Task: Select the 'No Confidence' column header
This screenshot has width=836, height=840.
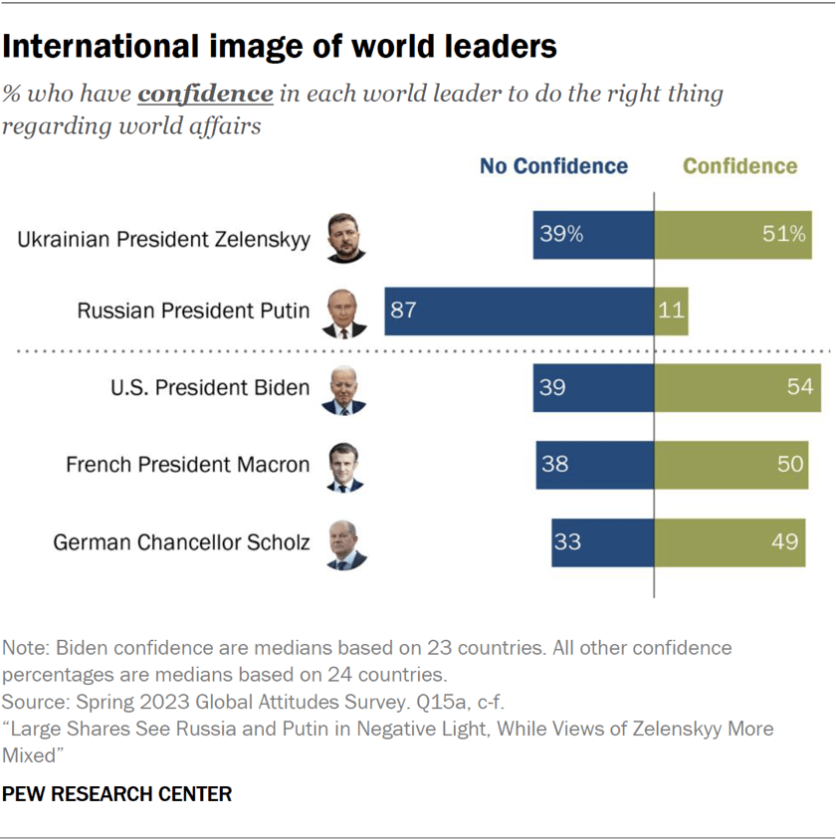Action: (553, 166)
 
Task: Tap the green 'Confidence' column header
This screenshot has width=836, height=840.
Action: (739, 166)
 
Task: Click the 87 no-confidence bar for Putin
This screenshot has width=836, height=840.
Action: (519, 311)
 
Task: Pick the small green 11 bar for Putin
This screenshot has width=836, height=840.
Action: (671, 311)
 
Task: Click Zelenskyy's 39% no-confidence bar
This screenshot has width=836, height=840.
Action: (593, 235)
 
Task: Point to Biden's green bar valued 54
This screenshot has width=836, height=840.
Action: (736, 387)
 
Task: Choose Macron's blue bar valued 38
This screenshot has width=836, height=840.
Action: (594, 464)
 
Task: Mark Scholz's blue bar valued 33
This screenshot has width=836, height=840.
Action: (602, 542)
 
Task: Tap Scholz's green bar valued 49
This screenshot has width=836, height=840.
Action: (730, 542)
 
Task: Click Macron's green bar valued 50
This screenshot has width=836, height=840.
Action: (731, 464)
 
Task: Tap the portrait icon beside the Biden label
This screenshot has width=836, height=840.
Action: (344, 389)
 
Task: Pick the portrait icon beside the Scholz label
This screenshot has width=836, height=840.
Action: (346, 544)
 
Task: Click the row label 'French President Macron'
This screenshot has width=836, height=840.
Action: (187, 465)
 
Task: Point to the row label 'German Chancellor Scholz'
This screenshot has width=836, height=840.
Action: (181, 543)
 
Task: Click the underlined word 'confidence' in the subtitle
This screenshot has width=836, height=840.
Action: (205, 95)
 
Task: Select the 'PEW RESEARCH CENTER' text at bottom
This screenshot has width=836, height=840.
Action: (117, 794)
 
